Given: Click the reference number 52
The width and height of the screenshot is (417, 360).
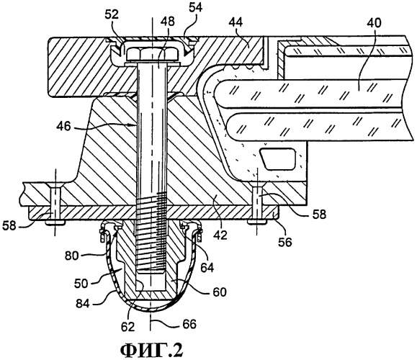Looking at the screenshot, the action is point(112,15).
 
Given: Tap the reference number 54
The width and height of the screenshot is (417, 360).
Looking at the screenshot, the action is point(196,7).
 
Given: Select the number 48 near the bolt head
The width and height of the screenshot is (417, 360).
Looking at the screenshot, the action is point(168,22).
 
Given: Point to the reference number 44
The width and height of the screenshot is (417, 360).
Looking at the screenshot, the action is point(236,22).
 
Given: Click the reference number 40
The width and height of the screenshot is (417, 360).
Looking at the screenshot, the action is point(375,23).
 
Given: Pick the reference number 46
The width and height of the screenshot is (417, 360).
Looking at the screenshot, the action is point(64,126).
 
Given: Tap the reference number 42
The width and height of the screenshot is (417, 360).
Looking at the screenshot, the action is point(220,235).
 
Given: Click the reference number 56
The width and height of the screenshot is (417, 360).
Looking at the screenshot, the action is point(284,242).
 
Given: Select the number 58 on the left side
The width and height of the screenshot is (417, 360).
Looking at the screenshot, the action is point(9,226).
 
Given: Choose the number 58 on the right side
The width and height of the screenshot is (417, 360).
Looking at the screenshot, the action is point(319,215).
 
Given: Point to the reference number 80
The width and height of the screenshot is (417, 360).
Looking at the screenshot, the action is point(72,256).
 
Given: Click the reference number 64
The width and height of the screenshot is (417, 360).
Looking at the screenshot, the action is point(207,268).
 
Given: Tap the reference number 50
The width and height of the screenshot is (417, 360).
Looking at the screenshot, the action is point(81,284).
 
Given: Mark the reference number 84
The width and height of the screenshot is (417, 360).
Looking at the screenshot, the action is point(83,303).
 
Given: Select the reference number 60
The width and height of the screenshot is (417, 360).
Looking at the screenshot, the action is point(219,292).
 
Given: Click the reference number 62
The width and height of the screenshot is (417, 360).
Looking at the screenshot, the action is point(128,326).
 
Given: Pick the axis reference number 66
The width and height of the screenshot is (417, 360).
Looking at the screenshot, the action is point(189,324).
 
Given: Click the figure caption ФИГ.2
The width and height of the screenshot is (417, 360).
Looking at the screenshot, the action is point(151,350).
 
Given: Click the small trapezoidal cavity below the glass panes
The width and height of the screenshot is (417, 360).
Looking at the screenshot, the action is point(277,158).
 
